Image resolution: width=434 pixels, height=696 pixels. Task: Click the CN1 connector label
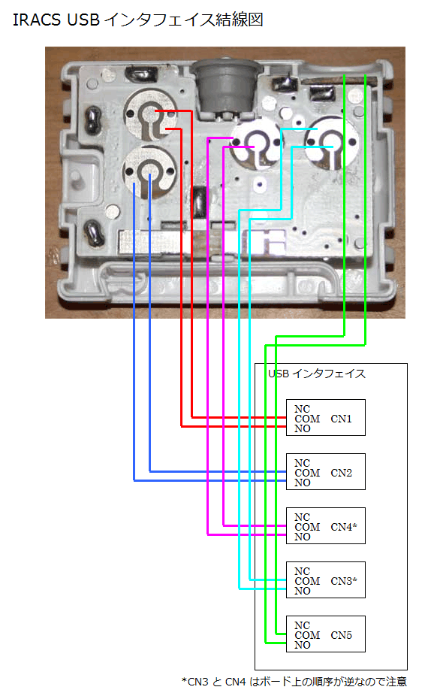[x=341, y=419]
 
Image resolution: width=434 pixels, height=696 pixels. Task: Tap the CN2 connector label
[x=341, y=473]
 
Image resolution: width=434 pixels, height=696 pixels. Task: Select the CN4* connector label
[x=344, y=527]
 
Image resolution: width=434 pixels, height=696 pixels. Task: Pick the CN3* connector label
[x=344, y=581]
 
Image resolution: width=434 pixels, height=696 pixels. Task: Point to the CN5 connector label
[x=341, y=635]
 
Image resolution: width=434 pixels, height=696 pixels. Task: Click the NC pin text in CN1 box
[x=302, y=409]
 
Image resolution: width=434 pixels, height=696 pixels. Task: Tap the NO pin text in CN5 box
[x=303, y=645]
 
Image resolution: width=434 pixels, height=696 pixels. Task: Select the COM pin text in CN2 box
[x=307, y=473]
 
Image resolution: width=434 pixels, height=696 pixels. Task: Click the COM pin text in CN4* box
[x=307, y=527]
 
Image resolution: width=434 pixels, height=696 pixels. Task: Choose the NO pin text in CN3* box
[x=303, y=591]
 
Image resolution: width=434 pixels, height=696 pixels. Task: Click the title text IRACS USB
[x=56, y=20]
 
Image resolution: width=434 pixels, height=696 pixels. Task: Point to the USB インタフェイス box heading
[x=317, y=374]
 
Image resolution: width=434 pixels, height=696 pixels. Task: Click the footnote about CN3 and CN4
[x=294, y=682]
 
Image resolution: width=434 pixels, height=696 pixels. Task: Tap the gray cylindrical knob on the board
[x=226, y=86]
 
